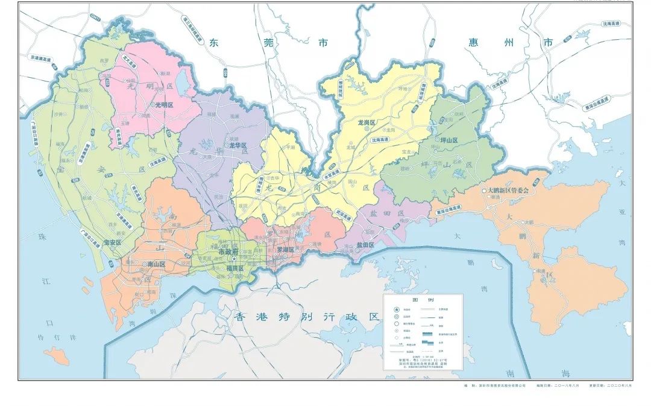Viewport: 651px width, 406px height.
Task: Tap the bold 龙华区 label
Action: tap(239, 145)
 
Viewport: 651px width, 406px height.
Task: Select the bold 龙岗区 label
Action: tap(366, 122)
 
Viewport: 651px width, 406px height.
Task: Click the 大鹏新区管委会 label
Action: tap(508, 190)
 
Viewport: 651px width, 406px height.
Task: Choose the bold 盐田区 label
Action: tap(365, 245)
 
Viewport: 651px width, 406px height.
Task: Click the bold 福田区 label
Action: tap(234, 268)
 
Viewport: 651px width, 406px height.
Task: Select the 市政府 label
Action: tap(228, 252)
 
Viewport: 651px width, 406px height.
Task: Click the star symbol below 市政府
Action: tap(225, 260)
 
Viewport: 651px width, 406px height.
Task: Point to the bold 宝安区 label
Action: tap(113, 243)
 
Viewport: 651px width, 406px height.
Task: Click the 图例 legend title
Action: tap(423, 300)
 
